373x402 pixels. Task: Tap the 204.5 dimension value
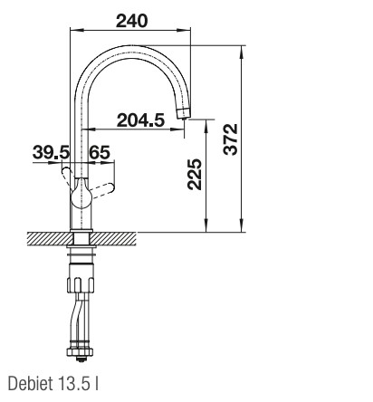pyautogui.click(x=139, y=118)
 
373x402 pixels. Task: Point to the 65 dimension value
pyautogui.click(x=100, y=154)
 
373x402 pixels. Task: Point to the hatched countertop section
pyautogui.click(x=118, y=241)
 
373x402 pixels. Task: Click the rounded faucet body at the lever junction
pyautogui.click(x=81, y=191)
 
